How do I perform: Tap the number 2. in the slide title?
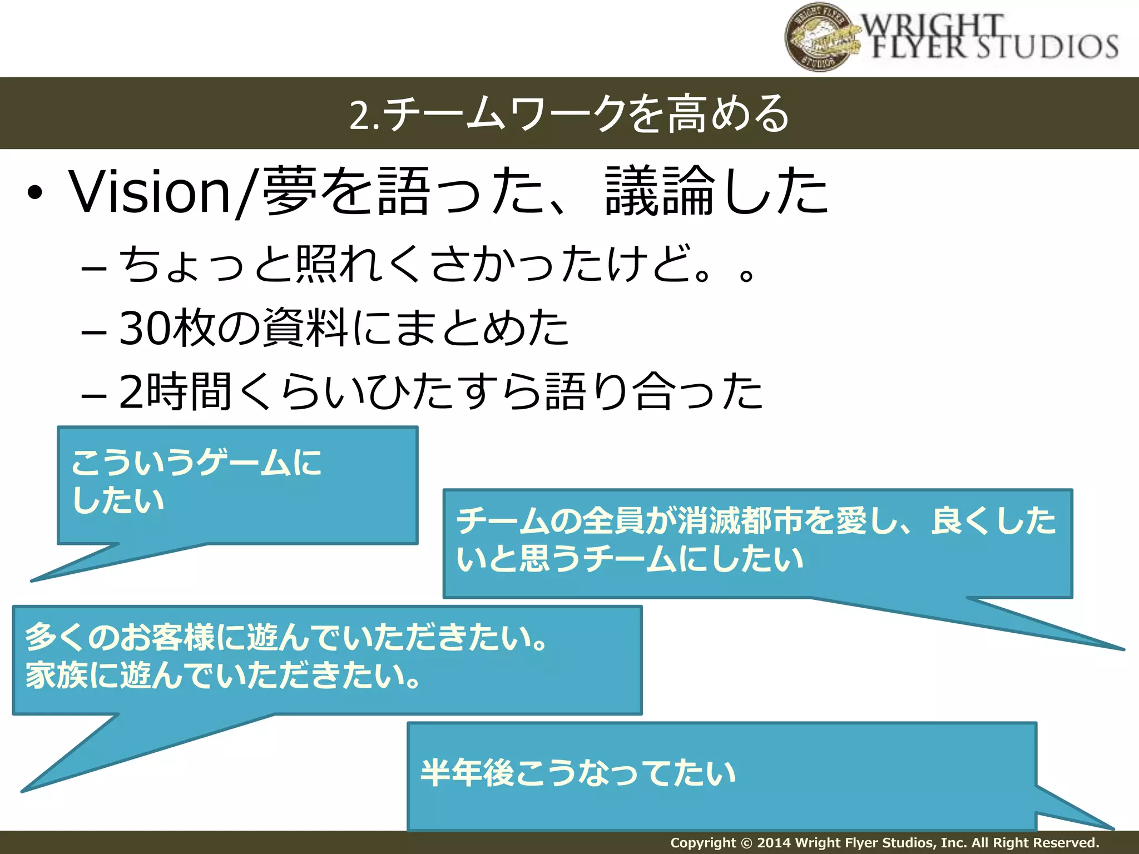[x=365, y=115]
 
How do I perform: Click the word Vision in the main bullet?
[x=150, y=192]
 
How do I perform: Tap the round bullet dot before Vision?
[x=34, y=193]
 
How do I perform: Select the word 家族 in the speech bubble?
[x=56, y=676]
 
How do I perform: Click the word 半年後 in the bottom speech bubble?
[x=467, y=773]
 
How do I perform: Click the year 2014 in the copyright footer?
[x=774, y=843]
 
